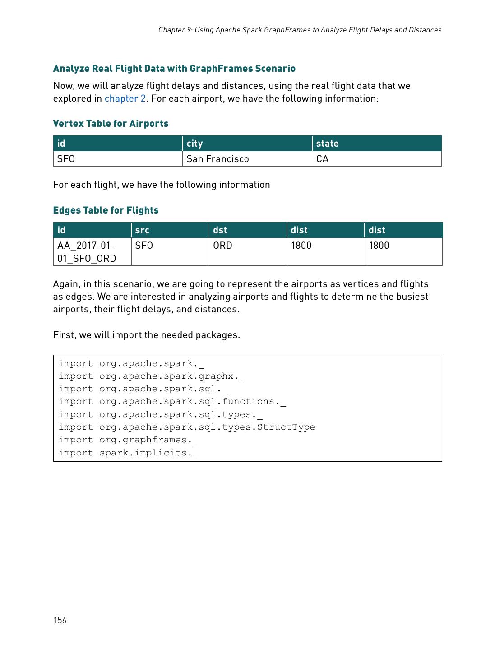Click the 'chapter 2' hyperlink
tap(125, 98)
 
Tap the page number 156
tap(60, 620)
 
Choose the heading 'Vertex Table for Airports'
tap(111, 124)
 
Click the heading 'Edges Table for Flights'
tap(106, 210)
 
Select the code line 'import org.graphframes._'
tap(129, 440)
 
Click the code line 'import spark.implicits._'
tap(129, 453)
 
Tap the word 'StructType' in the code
tap(286, 427)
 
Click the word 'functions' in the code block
tap(248, 402)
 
